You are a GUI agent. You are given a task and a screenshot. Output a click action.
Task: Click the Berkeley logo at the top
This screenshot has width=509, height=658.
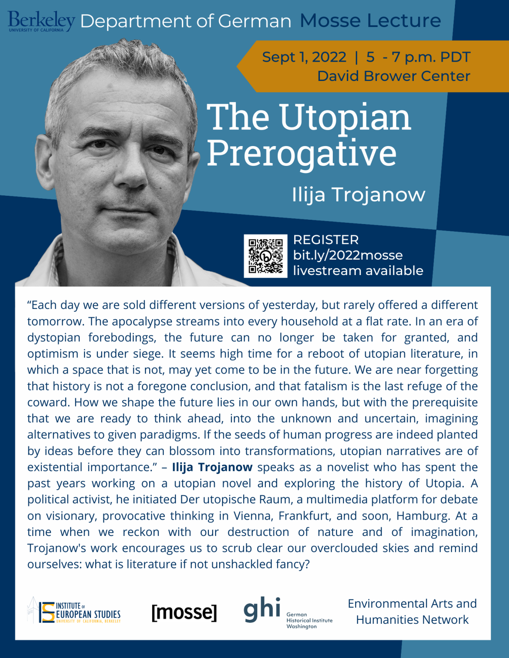(x=41, y=21)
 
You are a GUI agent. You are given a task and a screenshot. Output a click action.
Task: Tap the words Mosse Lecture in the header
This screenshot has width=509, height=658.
(x=370, y=21)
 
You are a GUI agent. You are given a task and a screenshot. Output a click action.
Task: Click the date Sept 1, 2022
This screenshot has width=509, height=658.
(x=304, y=57)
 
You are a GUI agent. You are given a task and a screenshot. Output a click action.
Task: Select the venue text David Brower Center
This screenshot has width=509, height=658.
(x=394, y=76)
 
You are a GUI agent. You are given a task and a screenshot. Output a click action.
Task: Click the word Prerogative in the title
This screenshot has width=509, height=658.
(x=301, y=153)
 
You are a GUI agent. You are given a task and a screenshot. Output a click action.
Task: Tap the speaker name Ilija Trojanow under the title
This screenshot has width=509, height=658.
(x=358, y=194)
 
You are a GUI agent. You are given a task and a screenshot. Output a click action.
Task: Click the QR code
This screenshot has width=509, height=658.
(x=265, y=256)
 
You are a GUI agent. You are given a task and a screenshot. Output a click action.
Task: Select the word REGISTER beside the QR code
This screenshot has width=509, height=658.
(x=326, y=240)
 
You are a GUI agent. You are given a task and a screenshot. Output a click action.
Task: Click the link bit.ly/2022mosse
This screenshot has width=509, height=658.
(x=348, y=255)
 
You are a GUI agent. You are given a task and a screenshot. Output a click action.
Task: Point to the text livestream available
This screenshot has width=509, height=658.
(x=358, y=271)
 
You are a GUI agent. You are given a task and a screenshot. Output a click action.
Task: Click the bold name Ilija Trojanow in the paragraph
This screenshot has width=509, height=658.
(x=212, y=467)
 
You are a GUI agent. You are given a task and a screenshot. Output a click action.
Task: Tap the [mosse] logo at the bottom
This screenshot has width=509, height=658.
(x=184, y=612)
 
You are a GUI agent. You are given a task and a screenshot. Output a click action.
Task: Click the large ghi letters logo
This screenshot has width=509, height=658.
(x=262, y=609)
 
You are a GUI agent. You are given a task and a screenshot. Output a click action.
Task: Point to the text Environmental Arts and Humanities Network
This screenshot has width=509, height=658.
(x=412, y=612)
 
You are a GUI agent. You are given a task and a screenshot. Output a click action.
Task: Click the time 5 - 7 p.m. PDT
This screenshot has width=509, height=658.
(x=418, y=57)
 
